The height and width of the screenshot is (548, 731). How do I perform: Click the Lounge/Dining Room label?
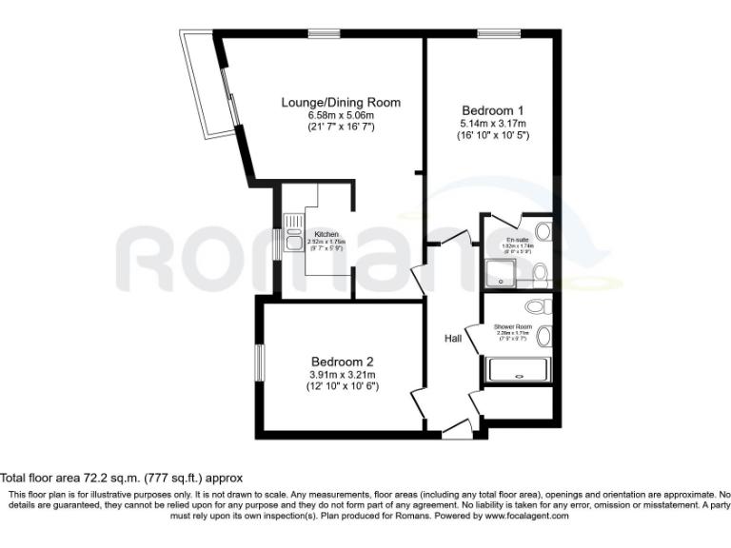pos(340,103)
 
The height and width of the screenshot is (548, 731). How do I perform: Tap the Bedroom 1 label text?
pos(491,110)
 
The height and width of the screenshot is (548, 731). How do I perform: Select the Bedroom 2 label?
pos(342,362)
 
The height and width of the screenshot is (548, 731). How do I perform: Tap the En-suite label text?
pos(518,239)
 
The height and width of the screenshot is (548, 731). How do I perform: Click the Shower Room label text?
pos(512,326)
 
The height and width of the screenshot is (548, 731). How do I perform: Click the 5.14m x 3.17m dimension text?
pos(491,124)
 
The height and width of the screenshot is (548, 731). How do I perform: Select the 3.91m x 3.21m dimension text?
pos(342,375)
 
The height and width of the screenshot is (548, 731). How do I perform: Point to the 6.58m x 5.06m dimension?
pos(340,115)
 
